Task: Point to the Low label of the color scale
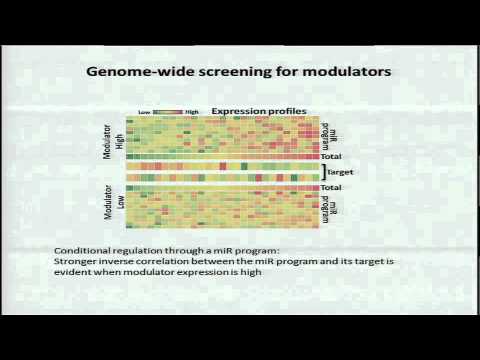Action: (145, 111)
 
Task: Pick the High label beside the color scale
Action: (193, 111)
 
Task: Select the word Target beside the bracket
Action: (341, 172)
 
